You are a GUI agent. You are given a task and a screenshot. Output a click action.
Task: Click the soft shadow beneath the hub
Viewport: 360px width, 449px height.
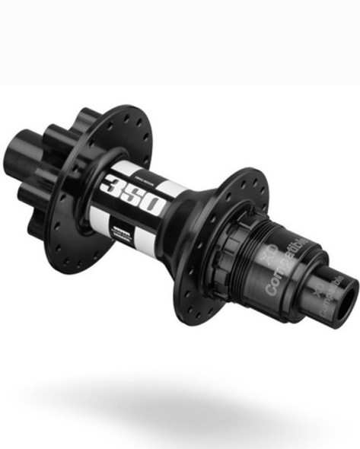[x=183, y=396]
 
